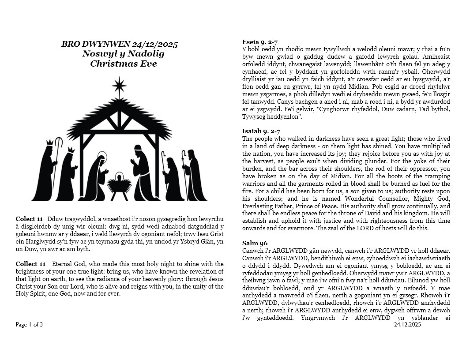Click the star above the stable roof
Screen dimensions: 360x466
[119, 85]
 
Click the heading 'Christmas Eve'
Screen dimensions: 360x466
[124, 64]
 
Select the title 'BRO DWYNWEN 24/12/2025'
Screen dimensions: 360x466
[120, 44]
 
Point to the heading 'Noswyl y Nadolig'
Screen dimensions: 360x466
[123, 54]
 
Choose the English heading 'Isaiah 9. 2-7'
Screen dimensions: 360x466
[261, 131]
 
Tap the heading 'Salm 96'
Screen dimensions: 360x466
[255, 243]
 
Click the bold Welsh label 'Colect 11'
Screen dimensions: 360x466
[29, 219]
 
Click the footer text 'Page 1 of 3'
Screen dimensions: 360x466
[30, 325]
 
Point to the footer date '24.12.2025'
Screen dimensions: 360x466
[408, 325]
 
